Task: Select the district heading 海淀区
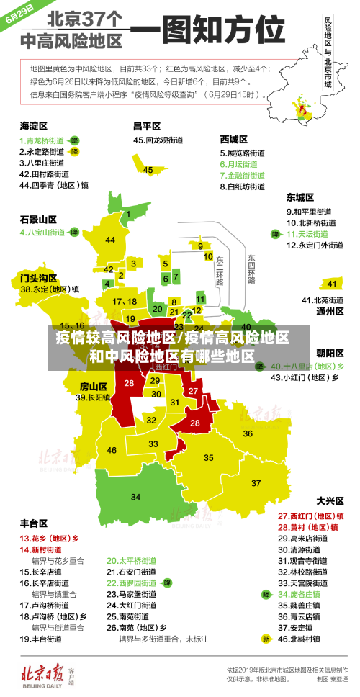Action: (x=34, y=125)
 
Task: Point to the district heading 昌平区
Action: (x=146, y=125)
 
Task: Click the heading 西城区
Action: (x=234, y=139)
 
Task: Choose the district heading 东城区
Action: (x=300, y=197)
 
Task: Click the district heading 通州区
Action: (x=330, y=311)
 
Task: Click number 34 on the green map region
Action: (x=135, y=497)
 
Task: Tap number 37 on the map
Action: (x=256, y=482)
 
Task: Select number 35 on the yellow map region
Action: (x=209, y=457)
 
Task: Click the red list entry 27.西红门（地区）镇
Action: (x=310, y=516)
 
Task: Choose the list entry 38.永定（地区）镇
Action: (x=50, y=289)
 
